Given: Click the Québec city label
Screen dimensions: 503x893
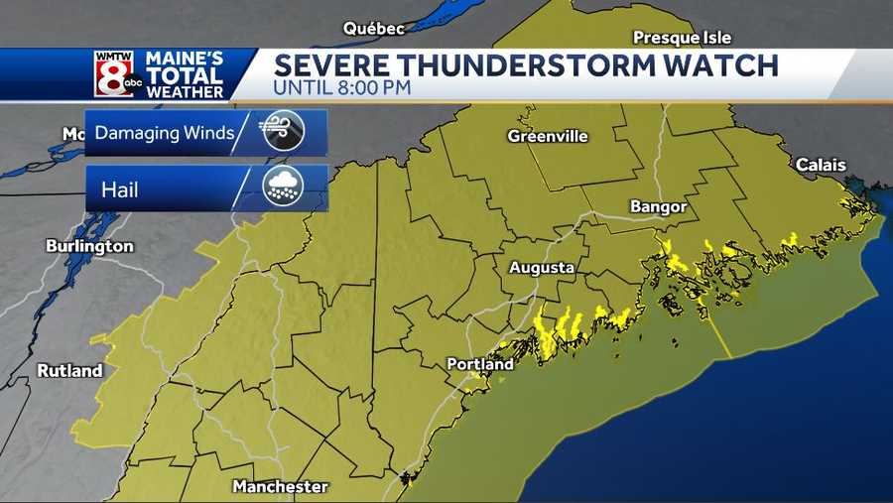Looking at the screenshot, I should [374, 29].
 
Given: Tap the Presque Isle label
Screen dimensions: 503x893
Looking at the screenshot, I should [682, 38].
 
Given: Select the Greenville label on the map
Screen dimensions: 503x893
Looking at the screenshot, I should [548, 136].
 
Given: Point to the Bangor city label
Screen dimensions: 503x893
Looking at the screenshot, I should [658, 206].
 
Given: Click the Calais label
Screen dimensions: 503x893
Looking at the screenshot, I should [821, 166].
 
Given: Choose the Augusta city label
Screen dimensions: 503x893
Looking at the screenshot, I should [541, 268].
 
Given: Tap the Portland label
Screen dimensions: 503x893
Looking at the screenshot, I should [480, 364].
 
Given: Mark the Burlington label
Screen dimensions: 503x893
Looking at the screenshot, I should [89, 245].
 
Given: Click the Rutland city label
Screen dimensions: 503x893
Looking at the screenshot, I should [69, 371].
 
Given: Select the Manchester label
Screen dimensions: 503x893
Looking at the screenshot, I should [280, 486].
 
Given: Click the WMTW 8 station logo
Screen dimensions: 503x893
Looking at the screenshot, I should [114, 73].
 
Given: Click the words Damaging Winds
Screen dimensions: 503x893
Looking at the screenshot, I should [165, 133].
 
